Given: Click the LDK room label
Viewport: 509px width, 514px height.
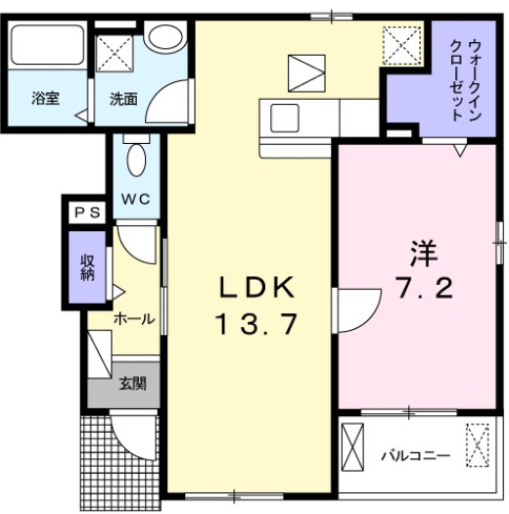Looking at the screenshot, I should click(255, 289).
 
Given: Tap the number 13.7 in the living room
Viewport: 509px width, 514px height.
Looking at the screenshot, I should click(255, 324).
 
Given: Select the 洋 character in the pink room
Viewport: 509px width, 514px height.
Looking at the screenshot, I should click(422, 255).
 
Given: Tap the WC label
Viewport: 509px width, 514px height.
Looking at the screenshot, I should click(135, 199).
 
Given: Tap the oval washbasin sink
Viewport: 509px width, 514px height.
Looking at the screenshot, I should click(167, 40).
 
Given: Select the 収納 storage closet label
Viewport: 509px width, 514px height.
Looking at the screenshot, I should click(87, 266).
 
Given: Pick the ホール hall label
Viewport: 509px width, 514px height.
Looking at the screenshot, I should click(132, 319).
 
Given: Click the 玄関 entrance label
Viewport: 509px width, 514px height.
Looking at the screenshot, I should click(132, 384).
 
